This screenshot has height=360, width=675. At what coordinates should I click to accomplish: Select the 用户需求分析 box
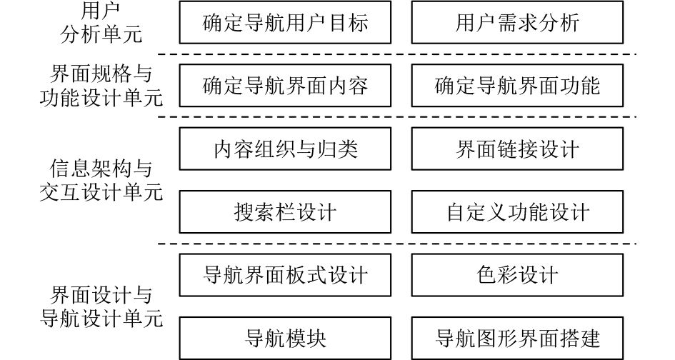pyautogui.click(x=518, y=23)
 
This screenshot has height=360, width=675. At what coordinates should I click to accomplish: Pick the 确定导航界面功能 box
pyautogui.click(x=518, y=86)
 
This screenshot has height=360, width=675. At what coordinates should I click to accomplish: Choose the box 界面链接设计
pyautogui.click(x=518, y=149)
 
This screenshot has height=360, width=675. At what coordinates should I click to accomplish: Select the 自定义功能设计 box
pyautogui.click(x=518, y=211)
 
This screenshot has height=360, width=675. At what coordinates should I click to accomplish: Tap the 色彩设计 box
pyautogui.click(x=518, y=274)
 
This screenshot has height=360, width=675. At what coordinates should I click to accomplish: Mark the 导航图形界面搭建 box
pyautogui.click(x=518, y=337)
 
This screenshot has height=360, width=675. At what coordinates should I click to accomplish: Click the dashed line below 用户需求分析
pyautogui.click(x=518, y=54)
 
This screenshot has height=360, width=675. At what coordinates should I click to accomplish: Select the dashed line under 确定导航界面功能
pyautogui.click(x=518, y=117)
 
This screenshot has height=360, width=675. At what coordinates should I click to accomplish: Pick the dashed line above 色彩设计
pyautogui.click(x=518, y=243)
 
